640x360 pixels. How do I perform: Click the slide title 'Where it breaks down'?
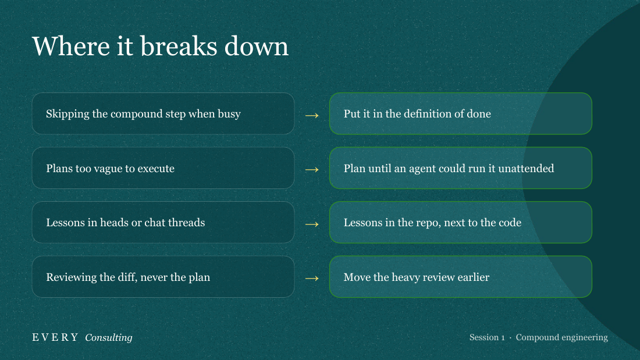(161, 46)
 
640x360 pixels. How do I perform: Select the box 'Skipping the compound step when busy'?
(163, 113)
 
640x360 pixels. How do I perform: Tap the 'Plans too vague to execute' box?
(163, 167)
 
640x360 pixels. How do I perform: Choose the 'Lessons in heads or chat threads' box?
(163, 222)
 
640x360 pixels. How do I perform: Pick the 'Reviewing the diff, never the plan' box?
(163, 277)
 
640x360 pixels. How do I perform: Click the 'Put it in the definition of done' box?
(461, 113)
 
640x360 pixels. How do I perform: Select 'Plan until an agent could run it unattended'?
(461, 167)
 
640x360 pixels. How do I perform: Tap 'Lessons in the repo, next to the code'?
(461, 222)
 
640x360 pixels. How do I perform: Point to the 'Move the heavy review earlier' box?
(461, 277)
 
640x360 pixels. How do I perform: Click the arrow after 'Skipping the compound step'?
(312, 116)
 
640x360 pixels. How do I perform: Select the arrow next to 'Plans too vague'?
(312, 169)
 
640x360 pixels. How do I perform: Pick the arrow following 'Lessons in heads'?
(312, 224)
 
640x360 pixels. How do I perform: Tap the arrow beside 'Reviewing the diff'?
(312, 279)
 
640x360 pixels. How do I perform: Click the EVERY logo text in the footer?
(55, 337)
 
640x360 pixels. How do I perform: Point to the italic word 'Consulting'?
(109, 337)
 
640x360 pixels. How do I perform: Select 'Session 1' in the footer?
(487, 337)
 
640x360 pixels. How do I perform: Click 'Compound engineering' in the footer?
(561, 337)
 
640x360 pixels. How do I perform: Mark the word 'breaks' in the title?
(179, 46)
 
